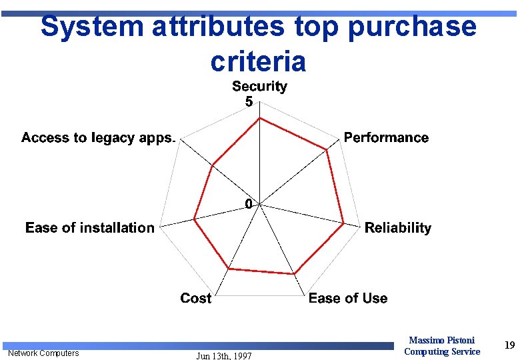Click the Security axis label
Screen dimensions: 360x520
(x=259, y=86)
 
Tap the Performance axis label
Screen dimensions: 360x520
(x=386, y=138)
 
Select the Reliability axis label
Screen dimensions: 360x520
(x=397, y=228)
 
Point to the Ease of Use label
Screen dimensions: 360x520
(x=347, y=299)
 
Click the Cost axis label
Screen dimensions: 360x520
(x=195, y=299)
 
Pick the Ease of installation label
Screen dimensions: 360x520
(x=90, y=228)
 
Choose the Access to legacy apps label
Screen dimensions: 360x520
(x=98, y=138)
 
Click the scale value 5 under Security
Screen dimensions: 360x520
(x=249, y=102)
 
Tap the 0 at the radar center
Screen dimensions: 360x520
(x=249, y=204)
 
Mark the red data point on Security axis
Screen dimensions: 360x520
(x=259, y=118)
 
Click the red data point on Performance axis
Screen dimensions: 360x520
(x=327, y=150)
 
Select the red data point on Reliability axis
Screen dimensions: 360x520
(x=343, y=223)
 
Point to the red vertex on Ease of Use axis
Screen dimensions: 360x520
(x=295, y=273)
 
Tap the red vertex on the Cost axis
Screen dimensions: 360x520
(x=229, y=268)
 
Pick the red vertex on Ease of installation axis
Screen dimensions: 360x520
(x=194, y=219)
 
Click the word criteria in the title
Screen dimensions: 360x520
(x=258, y=61)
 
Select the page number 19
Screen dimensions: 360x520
(x=509, y=345)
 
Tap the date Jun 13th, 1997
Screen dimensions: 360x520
(x=224, y=356)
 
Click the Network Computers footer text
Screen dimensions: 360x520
(x=43, y=353)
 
